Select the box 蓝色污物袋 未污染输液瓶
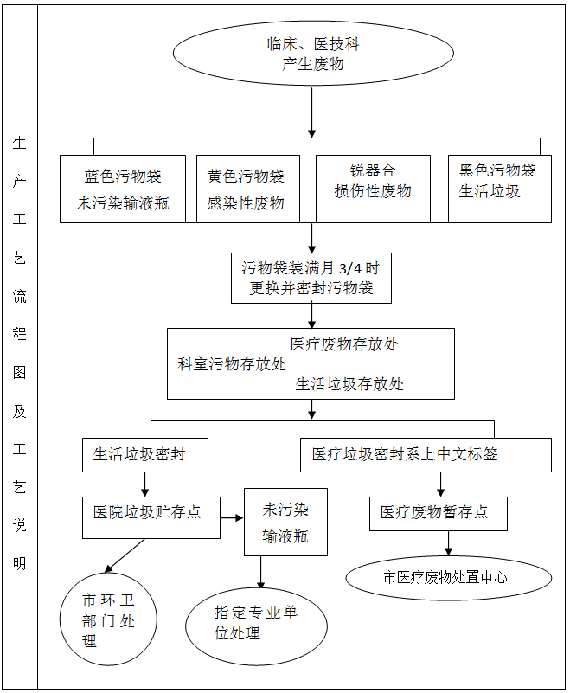[x=123, y=189]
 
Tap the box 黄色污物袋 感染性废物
[x=247, y=189]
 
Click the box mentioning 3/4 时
[x=311, y=279]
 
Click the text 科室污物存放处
[x=231, y=364]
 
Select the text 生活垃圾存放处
[x=349, y=384]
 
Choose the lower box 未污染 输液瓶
[x=285, y=523]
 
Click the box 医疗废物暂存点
[x=438, y=513]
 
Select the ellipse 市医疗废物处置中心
[x=448, y=577]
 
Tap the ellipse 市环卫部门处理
[x=108, y=620]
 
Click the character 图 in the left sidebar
[x=19, y=373]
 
